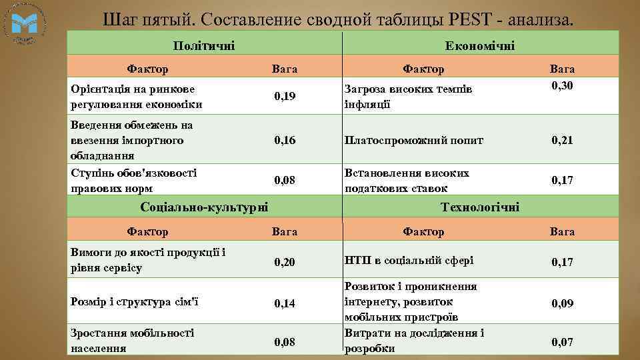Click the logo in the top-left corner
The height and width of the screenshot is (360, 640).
pyautogui.click(x=25, y=25)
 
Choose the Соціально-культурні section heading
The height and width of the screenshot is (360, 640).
pyautogui.click(x=205, y=207)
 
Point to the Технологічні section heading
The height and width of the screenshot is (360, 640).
pyautogui.click(x=480, y=207)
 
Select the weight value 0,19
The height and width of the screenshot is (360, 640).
pyautogui.click(x=285, y=97)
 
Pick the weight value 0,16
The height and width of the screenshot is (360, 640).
pyautogui.click(x=285, y=141)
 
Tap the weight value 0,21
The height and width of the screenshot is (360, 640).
pyautogui.click(x=562, y=141)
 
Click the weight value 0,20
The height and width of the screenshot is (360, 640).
pyautogui.click(x=285, y=262)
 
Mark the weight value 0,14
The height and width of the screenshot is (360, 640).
pyautogui.click(x=285, y=303)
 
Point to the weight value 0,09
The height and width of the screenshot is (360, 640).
pyautogui.click(x=562, y=303)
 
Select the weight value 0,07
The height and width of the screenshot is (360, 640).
pyautogui.click(x=562, y=343)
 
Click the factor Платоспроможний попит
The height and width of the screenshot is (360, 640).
pyautogui.click(x=414, y=141)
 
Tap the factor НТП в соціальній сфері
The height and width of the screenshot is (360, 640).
pyautogui.click(x=409, y=260)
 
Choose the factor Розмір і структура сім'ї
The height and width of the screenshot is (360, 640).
pyautogui.click(x=134, y=302)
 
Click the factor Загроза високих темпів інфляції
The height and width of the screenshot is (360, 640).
pyautogui.click(x=408, y=97)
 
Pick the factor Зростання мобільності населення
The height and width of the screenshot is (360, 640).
pyautogui.click(x=132, y=340)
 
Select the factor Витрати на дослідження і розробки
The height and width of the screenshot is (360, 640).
pyautogui.click(x=414, y=340)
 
